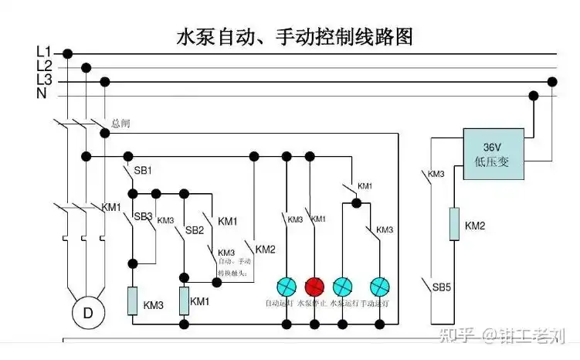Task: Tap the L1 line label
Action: (44, 52)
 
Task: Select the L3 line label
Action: (44, 80)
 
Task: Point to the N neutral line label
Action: (42, 93)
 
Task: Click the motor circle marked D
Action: (87, 313)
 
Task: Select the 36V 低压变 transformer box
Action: (493, 154)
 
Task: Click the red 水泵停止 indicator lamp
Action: (313, 286)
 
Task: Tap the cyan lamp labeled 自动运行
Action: (287, 286)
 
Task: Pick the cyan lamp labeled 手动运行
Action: (379, 286)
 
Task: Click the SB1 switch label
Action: (143, 170)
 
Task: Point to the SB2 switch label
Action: (194, 230)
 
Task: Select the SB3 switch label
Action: (143, 216)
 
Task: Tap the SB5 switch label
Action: (442, 287)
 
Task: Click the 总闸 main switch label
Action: (120, 123)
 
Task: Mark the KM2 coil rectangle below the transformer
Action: (454, 223)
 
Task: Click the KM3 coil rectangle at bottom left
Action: (132, 301)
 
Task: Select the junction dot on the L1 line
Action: (67, 53)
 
